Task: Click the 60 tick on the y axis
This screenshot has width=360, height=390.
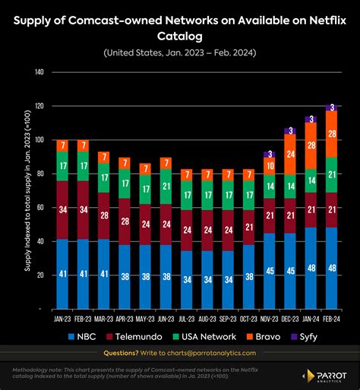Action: click(x=39, y=208)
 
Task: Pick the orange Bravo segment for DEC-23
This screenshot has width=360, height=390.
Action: click(x=290, y=154)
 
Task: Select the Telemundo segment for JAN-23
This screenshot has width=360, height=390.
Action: click(x=62, y=210)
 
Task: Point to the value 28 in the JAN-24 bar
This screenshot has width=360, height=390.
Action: click(x=311, y=146)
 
